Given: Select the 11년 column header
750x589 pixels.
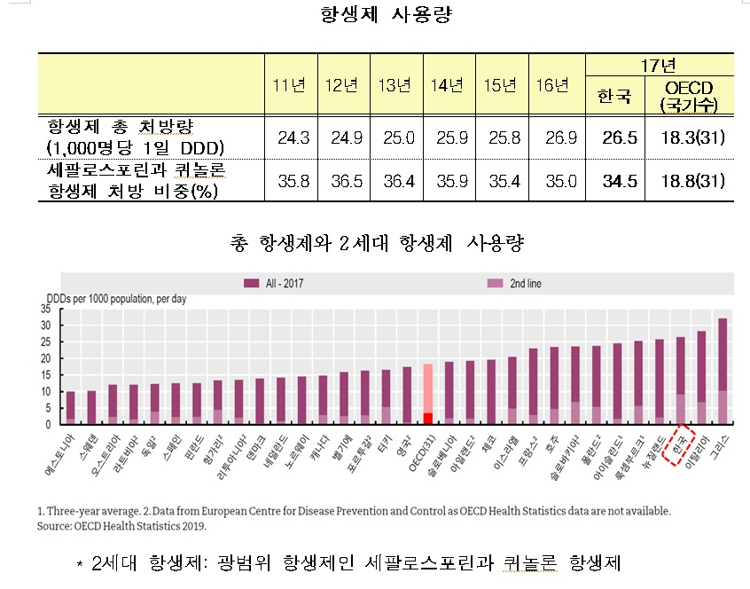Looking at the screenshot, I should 290,85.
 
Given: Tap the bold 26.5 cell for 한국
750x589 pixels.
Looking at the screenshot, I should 613,137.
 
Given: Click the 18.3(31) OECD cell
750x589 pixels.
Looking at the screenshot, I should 687,137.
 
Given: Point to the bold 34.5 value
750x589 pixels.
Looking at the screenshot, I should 613,181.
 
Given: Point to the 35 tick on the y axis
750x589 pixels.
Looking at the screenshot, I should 46,308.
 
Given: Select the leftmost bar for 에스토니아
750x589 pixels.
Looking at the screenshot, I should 71,407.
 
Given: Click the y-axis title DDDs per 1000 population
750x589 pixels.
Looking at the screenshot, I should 115,299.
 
